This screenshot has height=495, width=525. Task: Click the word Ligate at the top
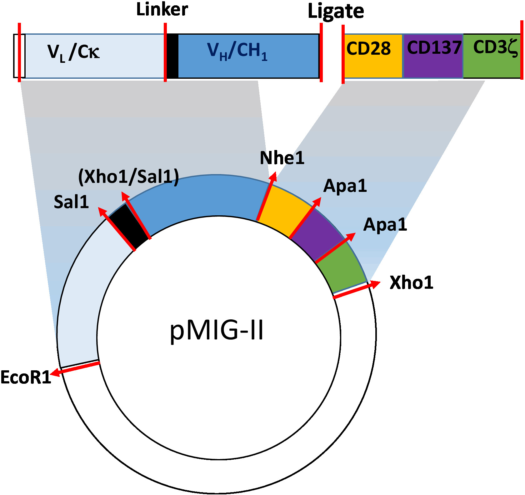[336, 12]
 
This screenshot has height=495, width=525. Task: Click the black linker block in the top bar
[172, 56]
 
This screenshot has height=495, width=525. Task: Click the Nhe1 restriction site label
[282, 158]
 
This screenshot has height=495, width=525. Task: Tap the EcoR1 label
[26, 377]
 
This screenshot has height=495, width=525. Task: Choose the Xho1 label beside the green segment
[411, 283]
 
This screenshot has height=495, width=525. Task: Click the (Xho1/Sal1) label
[128, 177]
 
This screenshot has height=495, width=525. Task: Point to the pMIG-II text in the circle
[217, 331]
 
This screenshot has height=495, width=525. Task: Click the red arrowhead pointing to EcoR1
[56, 372]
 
